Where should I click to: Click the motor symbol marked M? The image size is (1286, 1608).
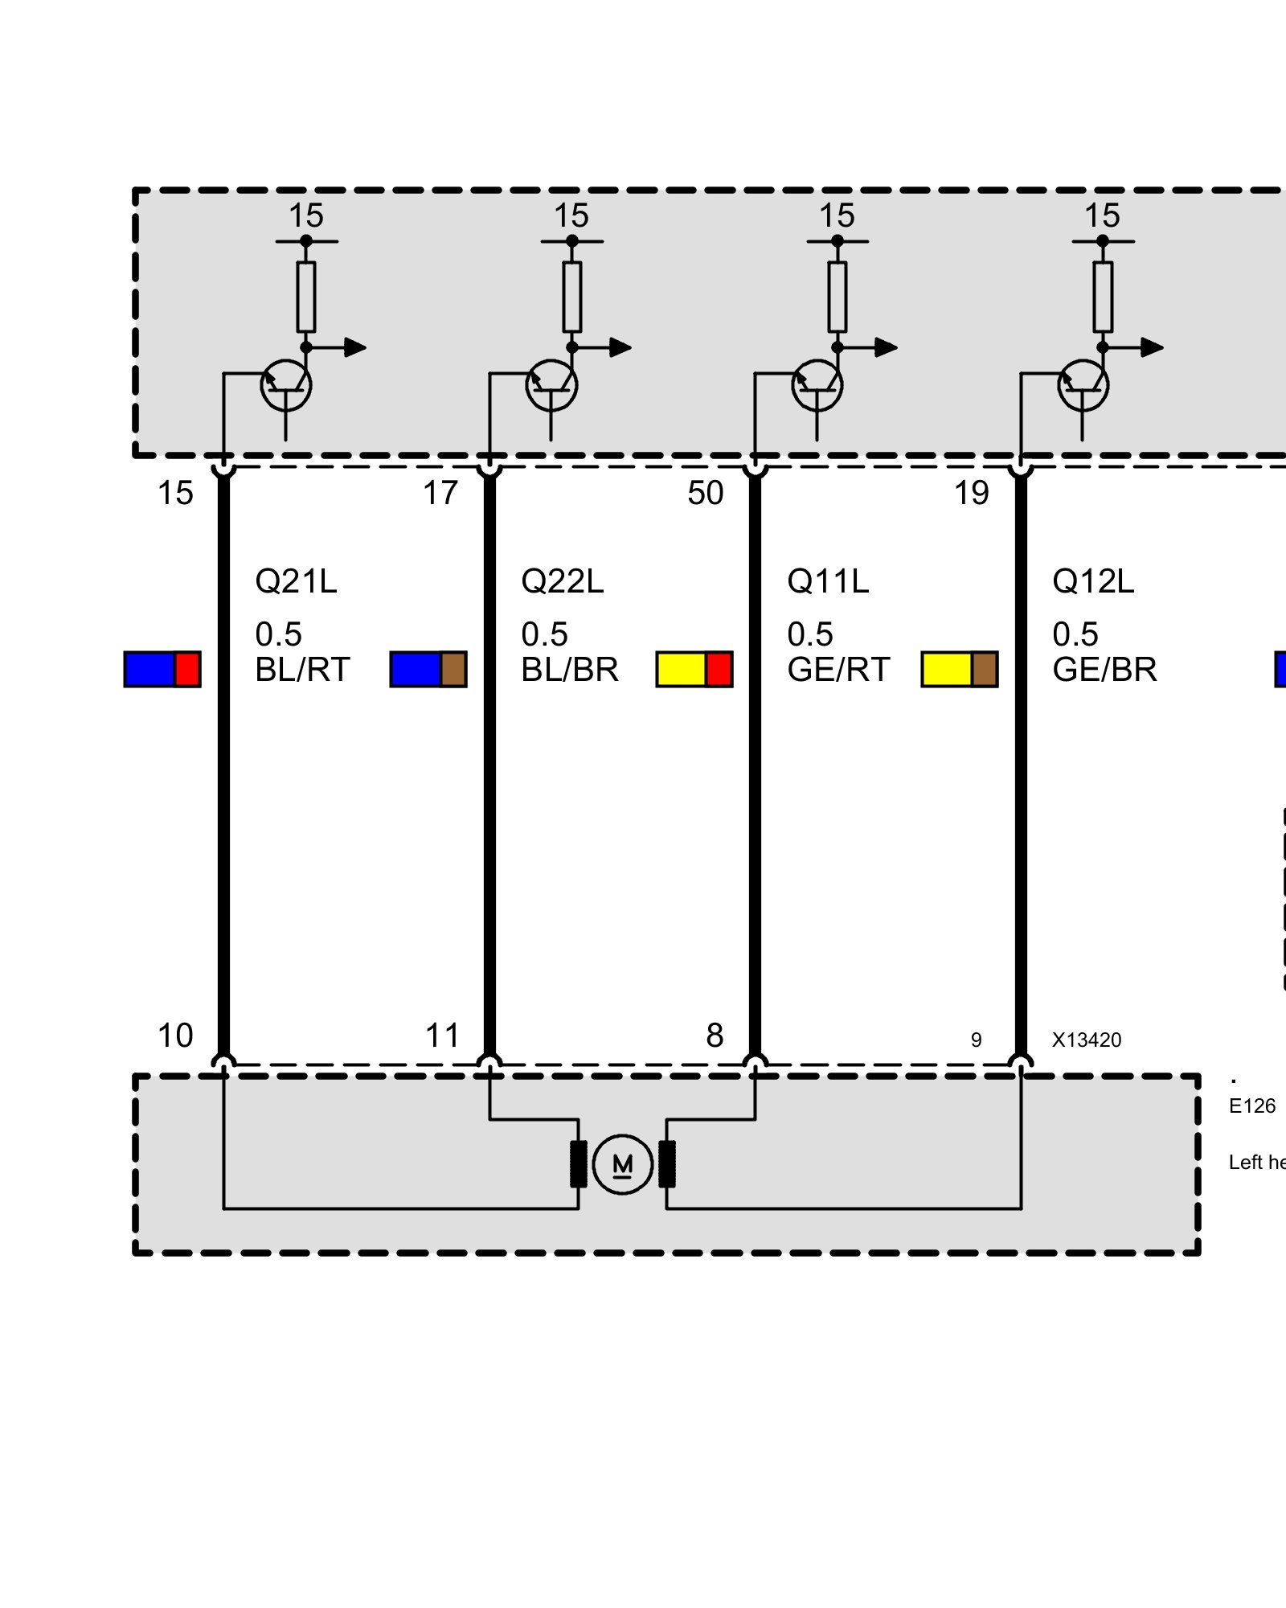pos(622,1164)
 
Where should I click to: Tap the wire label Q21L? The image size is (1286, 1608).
pos(296,581)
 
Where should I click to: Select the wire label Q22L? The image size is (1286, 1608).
pos(562,581)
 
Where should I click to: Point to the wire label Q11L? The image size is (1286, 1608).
pos(828,581)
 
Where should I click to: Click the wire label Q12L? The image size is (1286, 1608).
pos(1093,581)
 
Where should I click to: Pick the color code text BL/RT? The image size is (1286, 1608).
pos(302,670)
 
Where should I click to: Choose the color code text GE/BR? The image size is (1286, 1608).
pos(1104,670)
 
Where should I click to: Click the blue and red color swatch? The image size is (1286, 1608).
pos(162,669)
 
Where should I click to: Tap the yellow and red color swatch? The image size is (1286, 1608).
pos(694,669)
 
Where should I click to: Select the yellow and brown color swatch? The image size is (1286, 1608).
pos(960,669)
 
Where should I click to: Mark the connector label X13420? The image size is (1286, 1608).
pos(1087,1040)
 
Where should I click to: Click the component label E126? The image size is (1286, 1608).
pos(1251,1106)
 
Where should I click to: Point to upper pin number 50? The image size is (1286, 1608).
pos(706,493)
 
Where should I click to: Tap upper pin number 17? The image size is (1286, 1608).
pos(440,493)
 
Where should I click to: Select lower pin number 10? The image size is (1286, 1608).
pos(175,1036)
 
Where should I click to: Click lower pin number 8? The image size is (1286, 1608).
pos(715,1036)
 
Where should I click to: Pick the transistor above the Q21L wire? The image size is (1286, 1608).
pos(286,385)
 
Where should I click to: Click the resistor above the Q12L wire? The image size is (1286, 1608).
pos(1103,297)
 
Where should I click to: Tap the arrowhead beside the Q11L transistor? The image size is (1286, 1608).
pos(887,347)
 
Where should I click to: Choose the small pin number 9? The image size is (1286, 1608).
pos(976,1040)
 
